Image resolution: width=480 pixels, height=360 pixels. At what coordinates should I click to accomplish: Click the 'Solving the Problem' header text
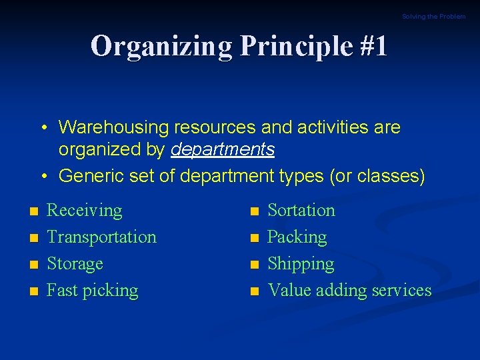coord(433,17)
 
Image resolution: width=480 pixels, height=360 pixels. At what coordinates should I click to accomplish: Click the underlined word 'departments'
coord(223,149)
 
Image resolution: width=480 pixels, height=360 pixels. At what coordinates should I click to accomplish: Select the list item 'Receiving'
coord(85,211)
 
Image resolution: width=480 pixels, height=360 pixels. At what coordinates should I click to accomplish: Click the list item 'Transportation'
coord(101,237)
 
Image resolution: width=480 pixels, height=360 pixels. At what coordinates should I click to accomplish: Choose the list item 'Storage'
coord(75,264)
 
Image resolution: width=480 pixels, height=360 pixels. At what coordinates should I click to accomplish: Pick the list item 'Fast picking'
coord(92,291)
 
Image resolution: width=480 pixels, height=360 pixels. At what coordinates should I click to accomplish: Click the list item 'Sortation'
coord(301,211)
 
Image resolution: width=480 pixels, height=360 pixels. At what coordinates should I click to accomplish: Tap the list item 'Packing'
coord(297,237)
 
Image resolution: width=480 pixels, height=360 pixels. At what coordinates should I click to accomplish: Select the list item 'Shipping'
coord(300,264)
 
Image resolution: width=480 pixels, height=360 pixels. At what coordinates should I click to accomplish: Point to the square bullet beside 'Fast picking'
coord(33,292)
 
